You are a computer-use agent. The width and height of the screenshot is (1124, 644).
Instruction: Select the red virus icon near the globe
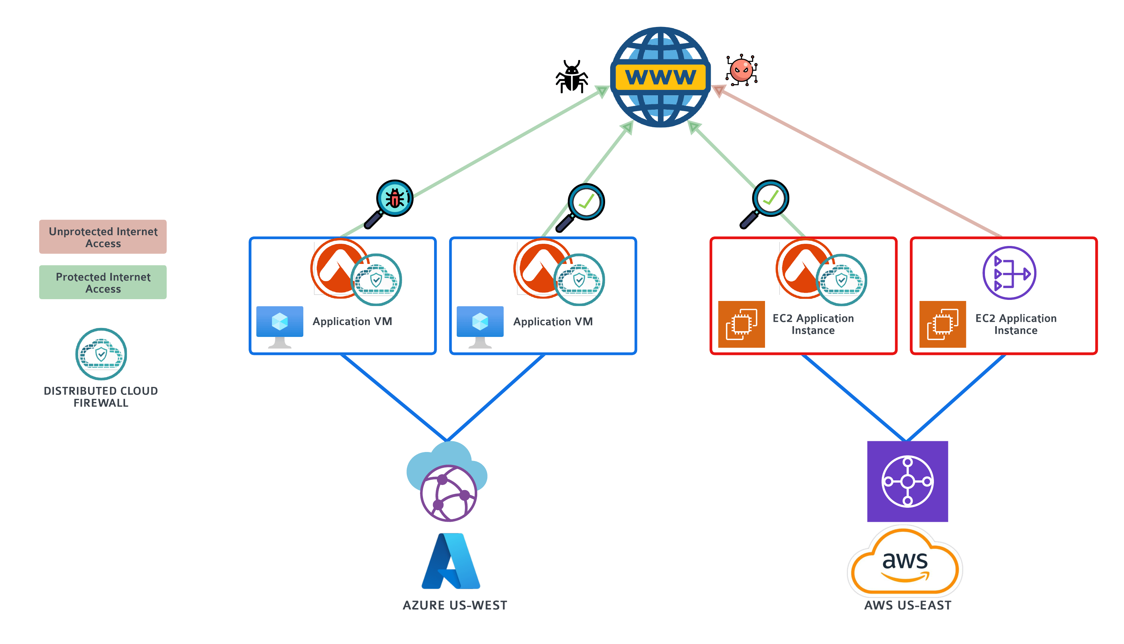[741, 70]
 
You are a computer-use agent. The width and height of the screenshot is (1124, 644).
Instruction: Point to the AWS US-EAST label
[907, 605]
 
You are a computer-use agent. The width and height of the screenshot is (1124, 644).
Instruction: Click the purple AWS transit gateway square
[907, 481]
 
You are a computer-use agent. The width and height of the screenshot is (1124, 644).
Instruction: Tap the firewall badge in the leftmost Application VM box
[376, 279]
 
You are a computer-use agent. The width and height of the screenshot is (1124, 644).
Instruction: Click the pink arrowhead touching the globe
[718, 91]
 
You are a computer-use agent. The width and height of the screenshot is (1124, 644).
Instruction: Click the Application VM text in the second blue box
[553, 321]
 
